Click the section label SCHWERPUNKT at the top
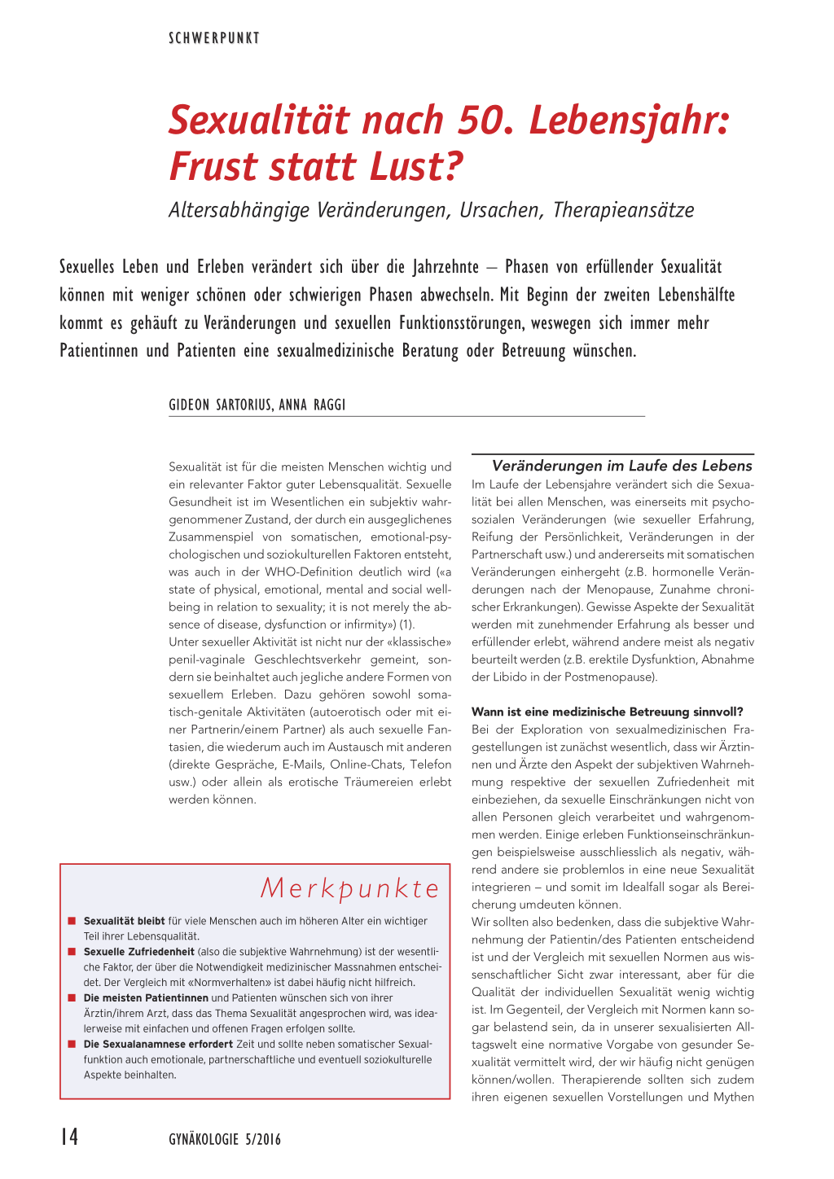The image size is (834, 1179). tap(214, 38)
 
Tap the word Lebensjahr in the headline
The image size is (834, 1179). tap(629, 121)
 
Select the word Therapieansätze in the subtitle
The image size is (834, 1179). tap(623, 210)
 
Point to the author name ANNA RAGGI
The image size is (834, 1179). tap(312, 405)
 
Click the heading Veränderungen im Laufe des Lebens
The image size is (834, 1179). tap(621, 466)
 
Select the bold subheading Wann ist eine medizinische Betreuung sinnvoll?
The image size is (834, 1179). tap(607, 712)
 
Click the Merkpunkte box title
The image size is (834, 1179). tap(349, 888)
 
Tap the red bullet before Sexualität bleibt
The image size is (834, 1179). tap(72, 921)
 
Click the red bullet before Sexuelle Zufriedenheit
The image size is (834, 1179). tap(72, 951)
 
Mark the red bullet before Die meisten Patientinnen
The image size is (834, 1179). tap(72, 997)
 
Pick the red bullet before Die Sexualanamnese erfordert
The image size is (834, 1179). tap(72, 1044)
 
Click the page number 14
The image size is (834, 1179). tap(69, 1137)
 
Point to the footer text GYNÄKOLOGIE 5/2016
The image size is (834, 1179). tap(225, 1139)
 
